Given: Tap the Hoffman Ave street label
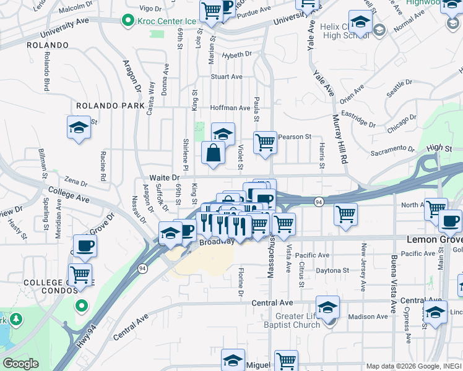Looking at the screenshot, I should [230, 108].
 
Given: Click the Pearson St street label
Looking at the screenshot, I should [294, 137].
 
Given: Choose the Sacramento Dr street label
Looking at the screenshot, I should [392, 149].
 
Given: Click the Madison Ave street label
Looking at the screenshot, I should [368, 317].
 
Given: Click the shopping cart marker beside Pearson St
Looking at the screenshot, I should [265, 142].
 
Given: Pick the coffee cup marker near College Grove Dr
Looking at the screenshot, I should [85, 245].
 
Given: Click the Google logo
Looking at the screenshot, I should [20, 364].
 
